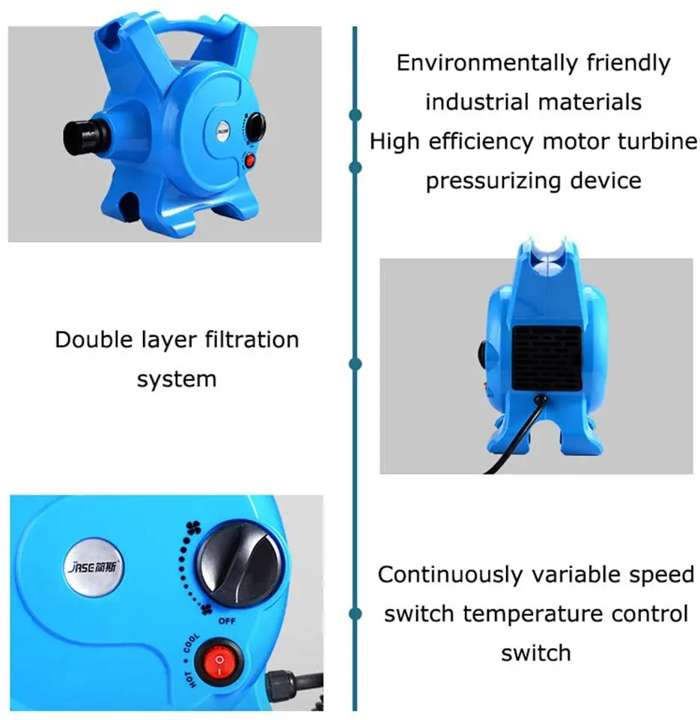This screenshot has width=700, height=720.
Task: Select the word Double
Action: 91,340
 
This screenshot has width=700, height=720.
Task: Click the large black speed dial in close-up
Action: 240,564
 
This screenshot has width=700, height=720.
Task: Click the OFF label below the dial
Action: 228,621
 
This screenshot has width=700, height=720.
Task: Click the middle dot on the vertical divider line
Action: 356,364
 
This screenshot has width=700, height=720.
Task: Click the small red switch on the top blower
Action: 250,160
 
